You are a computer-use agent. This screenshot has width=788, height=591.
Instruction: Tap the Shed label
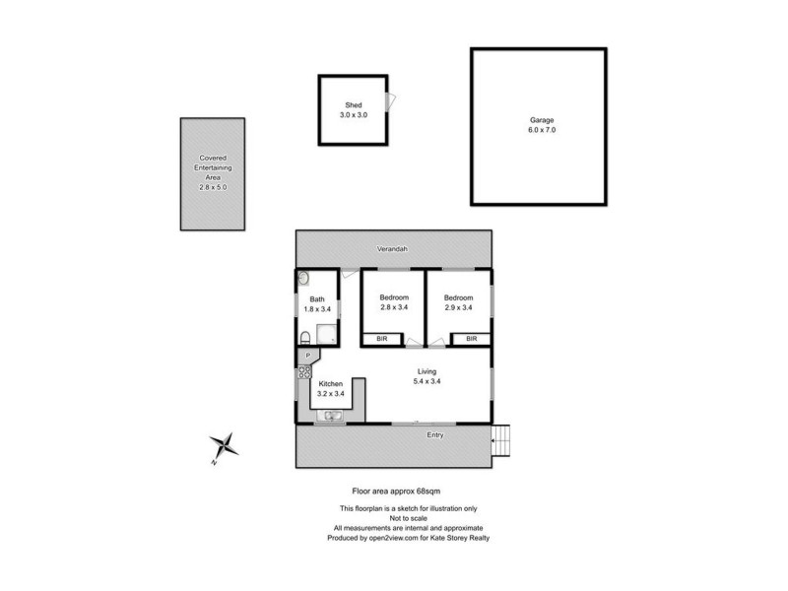(353, 105)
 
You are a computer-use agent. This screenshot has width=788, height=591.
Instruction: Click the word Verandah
(392, 249)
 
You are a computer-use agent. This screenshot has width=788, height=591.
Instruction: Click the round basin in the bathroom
(303, 279)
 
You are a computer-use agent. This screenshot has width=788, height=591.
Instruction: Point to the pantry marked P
(306, 355)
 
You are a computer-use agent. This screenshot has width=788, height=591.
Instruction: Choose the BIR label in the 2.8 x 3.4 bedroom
(382, 339)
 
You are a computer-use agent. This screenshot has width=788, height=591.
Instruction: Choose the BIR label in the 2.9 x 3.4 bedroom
(472, 339)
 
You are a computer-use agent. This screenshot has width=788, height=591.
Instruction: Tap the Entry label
(434, 434)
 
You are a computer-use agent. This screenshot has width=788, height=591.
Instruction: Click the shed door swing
(392, 101)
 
